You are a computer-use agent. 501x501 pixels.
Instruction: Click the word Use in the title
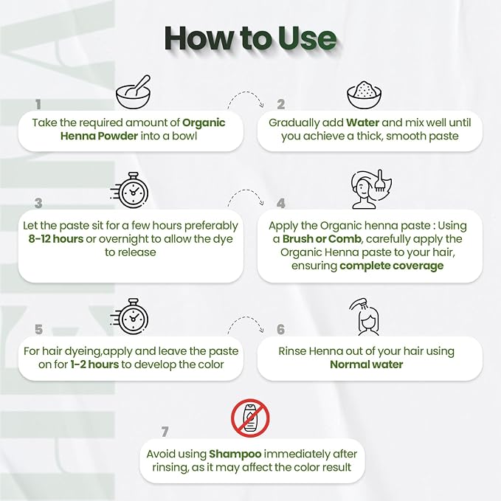[x=307, y=38]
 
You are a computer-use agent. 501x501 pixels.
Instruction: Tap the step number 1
[x=38, y=105]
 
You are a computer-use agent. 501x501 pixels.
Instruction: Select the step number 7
[x=165, y=432]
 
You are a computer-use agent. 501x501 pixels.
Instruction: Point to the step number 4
[x=281, y=203]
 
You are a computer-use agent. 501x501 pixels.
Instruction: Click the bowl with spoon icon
[x=134, y=92]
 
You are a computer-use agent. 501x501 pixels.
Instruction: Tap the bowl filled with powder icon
[x=364, y=95]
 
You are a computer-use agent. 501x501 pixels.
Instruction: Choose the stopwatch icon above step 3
[x=130, y=190]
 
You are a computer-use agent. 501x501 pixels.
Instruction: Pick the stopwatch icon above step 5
[x=130, y=317]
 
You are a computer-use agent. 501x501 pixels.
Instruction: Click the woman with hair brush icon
[x=371, y=189]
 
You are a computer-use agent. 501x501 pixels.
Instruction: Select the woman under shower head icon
[x=365, y=317]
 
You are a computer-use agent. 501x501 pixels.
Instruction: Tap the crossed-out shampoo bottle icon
[x=250, y=418]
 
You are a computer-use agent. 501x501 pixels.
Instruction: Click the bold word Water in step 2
[x=362, y=122]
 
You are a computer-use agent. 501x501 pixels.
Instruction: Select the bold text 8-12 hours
[x=56, y=238]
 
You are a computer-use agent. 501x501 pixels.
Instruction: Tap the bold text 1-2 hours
[x=94, y=364]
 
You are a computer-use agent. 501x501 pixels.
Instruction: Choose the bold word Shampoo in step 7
[x=235, y=454]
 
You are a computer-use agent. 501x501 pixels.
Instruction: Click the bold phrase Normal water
[x=367, y=364]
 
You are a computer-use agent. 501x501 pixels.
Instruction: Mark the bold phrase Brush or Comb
[x=322, y=238]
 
